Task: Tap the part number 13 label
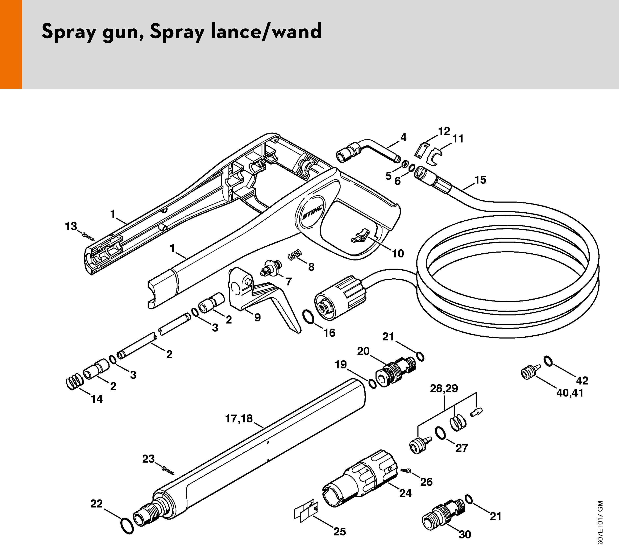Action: click(71, 226)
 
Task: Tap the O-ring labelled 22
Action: click(127, 525)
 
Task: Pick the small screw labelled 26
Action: click(407, 471)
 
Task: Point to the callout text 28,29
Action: click(444, 389)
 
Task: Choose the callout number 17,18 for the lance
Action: click(239, 419)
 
